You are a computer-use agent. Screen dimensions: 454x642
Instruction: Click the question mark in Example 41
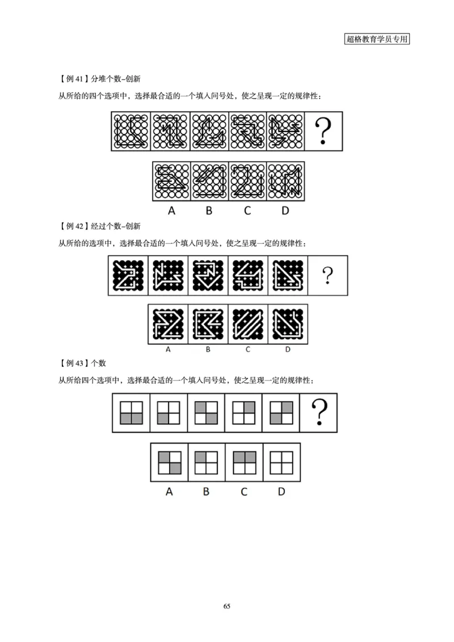click(323, 131)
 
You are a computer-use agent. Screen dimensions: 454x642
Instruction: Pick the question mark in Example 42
click(327, 276)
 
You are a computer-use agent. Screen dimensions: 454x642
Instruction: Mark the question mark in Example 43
click(320, 412)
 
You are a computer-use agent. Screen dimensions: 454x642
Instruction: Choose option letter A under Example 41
click(171, 211)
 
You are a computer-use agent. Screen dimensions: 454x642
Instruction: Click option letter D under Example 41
click(285, 211)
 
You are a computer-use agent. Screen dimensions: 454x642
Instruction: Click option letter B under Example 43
click(207, 491)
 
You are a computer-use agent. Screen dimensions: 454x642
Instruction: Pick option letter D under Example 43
click(281, 491)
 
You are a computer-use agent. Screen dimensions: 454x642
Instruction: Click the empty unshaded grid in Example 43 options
click(281, 462)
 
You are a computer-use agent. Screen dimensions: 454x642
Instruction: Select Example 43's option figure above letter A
click(169, 462)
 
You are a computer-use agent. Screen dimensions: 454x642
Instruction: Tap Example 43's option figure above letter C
click(244, 462)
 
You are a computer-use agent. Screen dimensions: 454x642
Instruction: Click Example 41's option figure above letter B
click(209, 181)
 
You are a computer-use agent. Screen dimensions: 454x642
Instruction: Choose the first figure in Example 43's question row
click(132, 412)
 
